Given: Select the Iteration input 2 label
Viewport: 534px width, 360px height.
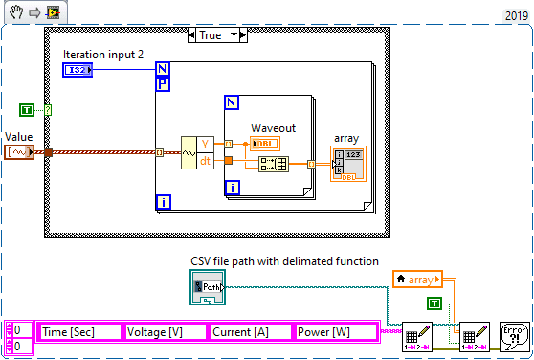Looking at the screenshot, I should pyautogui.click(x=103, y=55).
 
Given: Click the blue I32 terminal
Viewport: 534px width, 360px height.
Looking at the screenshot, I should pyautogui.click(x=78, y=70).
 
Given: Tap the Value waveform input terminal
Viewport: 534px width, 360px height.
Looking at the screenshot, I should pyautogui.click(x=19, y=151).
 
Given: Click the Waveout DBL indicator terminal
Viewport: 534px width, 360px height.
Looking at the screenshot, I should pyautogui.click(x=265, y=144).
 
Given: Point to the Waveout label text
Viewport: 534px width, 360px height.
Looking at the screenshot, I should pyautogui.click(x=273, y=127).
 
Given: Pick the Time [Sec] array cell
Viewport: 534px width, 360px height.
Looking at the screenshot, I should pyautogui.click(x=79, y=331).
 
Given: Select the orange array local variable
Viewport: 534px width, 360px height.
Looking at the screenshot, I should pyautogui.click(x=418, y=280).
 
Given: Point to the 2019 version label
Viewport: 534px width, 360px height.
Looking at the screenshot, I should pyautogui.click(x=515, y=15).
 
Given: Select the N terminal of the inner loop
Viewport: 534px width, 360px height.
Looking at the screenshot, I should pyautogui.click(x=231, y=101).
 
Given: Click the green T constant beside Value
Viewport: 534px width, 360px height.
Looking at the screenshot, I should pyautogui.click(x=27, y=111).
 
